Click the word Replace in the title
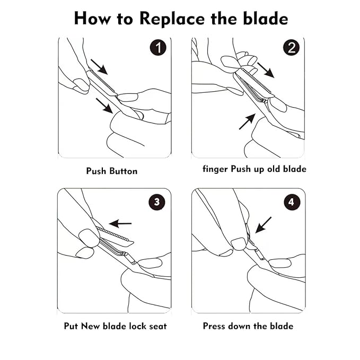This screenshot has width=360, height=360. (x=172, y=19)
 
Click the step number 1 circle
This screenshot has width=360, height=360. (x=158, y=48)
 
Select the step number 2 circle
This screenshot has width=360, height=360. (x=292, y=48)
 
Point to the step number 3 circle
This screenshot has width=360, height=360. (x=157, y=202)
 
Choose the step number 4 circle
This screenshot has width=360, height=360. (x=291, y=202)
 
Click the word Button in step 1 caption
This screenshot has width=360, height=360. (x=124, y=171)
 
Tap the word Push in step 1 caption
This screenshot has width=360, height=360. (x=96, y=171)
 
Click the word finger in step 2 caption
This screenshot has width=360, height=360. (x=215, y=169)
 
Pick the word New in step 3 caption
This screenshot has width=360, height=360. (x=91, y=326)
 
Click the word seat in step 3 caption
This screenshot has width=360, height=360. (x=157, y=326)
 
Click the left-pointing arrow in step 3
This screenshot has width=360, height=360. (x=120, y=223)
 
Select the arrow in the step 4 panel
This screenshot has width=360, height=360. (x=263, y=225)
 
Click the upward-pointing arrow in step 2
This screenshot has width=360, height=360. (x=247, y=121)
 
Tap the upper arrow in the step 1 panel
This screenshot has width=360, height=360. (x=99, y=67)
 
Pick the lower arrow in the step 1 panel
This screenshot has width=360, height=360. (x=104, y=106)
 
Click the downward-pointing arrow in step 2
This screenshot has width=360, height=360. (x=266, y=71)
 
